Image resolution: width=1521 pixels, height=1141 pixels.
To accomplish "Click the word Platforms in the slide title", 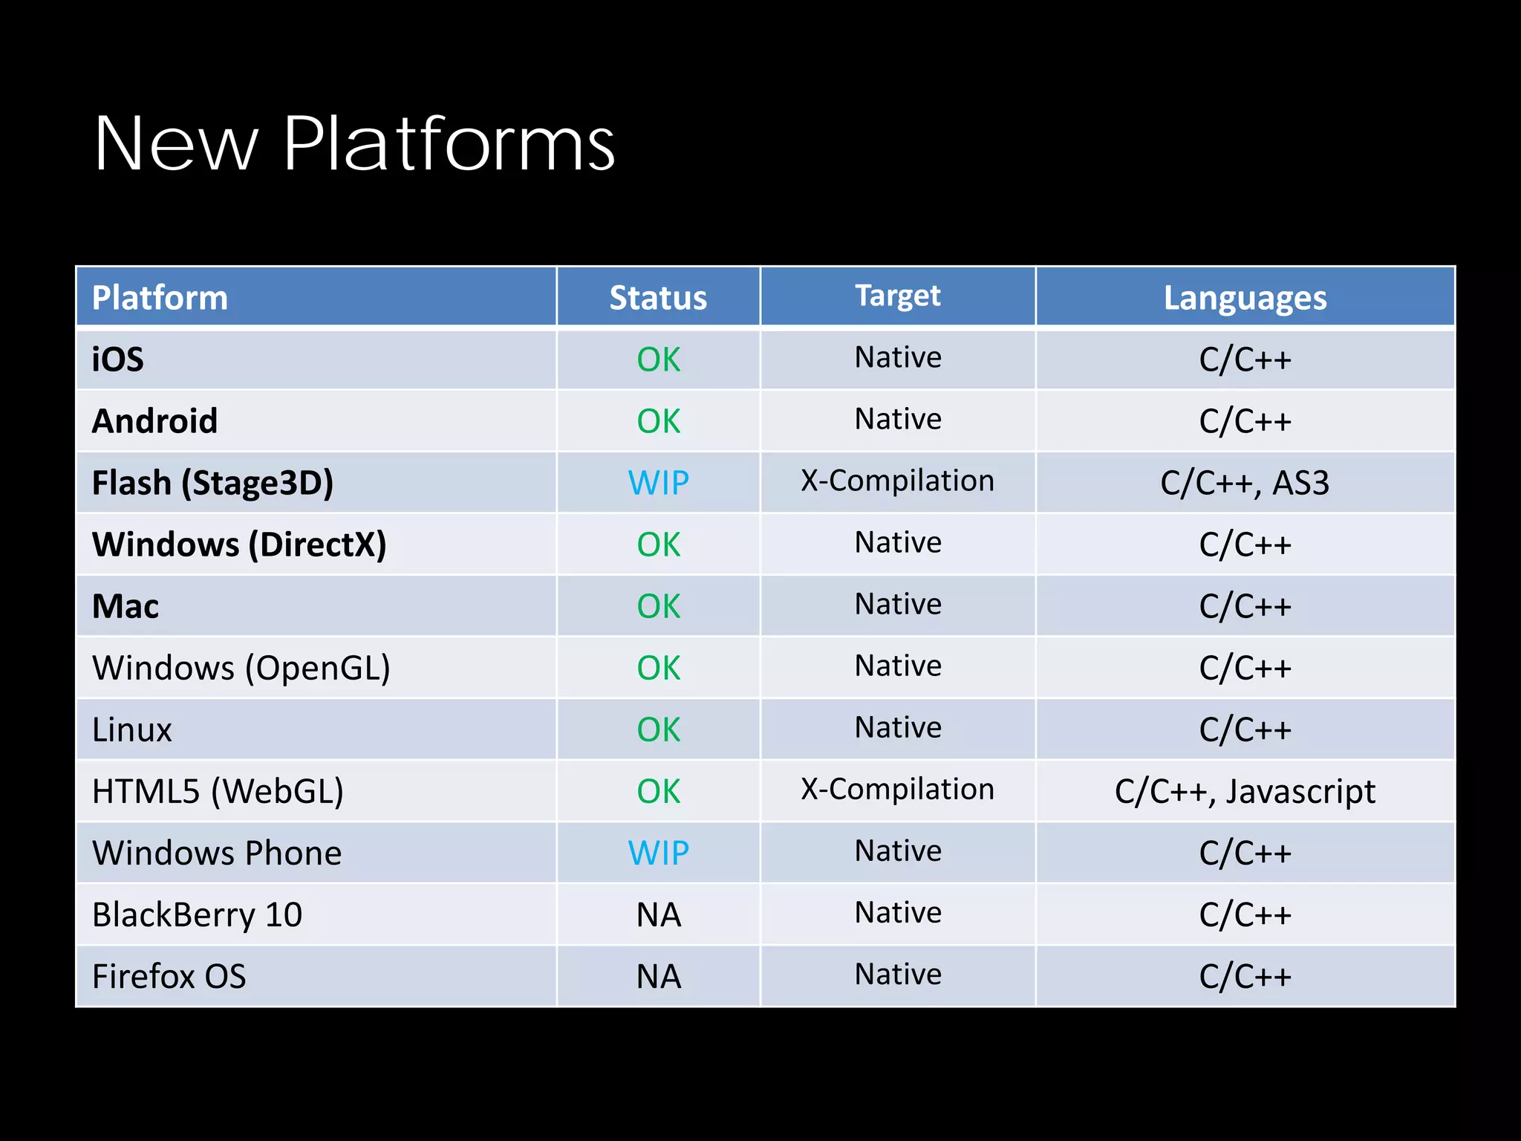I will [449, 144].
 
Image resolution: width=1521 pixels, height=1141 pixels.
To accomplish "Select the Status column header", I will [658, 298].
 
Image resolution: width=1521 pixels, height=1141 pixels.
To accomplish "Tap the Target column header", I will [897, 296].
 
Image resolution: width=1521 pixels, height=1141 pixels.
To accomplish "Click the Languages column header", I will [1245, 298].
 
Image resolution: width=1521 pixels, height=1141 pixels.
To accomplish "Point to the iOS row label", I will [118, 360].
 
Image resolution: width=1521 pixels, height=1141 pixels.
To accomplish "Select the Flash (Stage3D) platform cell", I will [212, 483].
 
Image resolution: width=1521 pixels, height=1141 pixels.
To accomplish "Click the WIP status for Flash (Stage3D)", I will [658, 483].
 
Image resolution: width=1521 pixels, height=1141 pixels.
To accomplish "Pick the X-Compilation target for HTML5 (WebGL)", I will [897, 789].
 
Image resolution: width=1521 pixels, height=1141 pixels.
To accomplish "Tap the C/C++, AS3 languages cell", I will [1245, 483].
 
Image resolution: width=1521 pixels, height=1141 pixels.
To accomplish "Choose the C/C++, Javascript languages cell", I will [1245, 791].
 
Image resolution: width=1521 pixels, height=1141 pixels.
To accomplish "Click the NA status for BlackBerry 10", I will [658, 914].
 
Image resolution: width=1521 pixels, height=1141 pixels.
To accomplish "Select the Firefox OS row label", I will [169, 976].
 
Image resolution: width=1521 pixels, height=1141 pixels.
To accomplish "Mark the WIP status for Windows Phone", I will [658, 853].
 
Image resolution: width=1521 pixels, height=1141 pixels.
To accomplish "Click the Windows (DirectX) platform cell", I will [239, 545].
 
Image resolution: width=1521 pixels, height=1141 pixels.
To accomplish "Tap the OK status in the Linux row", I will [658, 729].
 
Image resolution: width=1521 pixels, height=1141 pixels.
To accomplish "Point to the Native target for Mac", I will [897, 604].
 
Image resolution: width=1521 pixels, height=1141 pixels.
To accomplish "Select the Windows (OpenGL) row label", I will [241, 668].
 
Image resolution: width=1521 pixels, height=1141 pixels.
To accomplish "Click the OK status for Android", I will [658, 421].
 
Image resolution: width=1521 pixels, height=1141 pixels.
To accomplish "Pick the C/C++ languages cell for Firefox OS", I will [1245, 976].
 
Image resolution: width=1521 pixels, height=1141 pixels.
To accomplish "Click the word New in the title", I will [176, 144].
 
